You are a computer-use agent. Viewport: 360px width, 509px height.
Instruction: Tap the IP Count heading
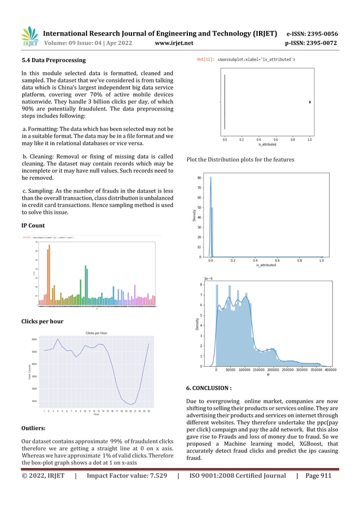tap(33, 225)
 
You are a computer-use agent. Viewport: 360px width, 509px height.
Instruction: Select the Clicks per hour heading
tap(42, 321)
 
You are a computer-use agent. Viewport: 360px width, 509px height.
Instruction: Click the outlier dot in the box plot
tap(310, 102)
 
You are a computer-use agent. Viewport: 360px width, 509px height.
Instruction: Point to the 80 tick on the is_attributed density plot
tap(200, 178)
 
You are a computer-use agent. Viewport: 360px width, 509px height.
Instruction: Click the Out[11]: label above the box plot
tap(205, 59)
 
